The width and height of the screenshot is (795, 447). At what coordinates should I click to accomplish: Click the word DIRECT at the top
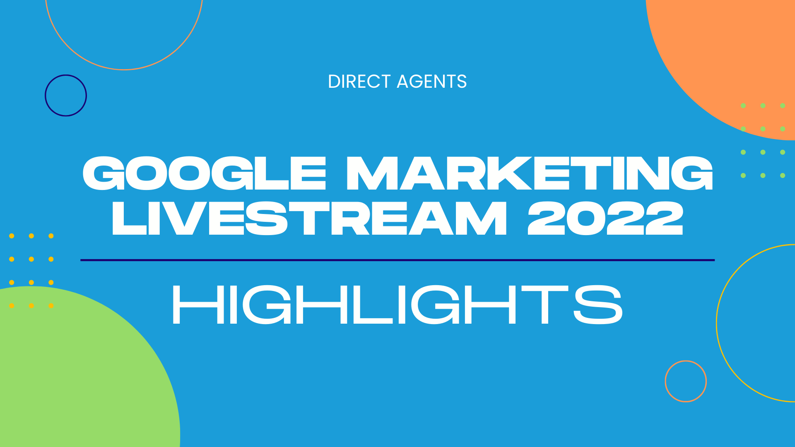(359, 82)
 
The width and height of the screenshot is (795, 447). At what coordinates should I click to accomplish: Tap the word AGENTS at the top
(431, 82)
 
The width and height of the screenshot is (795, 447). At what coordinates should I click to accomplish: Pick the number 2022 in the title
(605, 218)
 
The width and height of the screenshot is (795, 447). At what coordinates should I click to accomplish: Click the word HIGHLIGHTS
(397, 305)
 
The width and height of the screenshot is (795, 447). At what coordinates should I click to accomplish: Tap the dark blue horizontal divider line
(397, 260)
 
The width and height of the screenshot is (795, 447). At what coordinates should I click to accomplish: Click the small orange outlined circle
(665, 381)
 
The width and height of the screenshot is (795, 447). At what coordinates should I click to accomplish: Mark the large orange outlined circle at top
(124, 69)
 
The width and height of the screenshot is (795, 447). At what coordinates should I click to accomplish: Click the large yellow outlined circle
(717, 323)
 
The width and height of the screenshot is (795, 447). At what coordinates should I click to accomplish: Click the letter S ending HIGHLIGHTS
(598, 305)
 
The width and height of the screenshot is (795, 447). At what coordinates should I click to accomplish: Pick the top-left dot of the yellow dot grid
(12, 236)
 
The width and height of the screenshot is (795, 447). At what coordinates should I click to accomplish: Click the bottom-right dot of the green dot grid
(783, 175)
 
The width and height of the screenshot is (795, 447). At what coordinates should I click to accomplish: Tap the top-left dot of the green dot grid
(743, 106)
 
